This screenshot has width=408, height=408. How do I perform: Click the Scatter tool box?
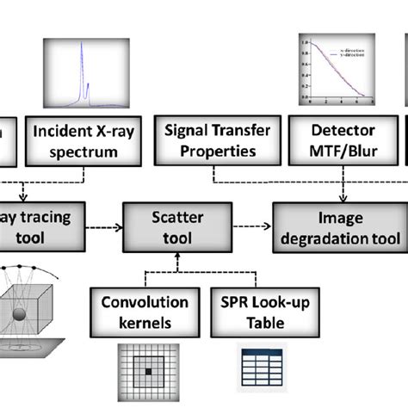176,227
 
